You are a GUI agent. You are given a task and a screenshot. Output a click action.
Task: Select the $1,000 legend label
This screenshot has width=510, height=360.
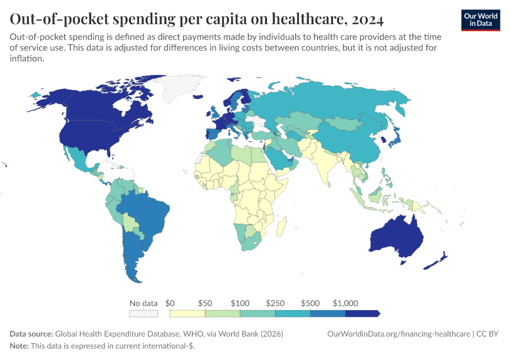345,303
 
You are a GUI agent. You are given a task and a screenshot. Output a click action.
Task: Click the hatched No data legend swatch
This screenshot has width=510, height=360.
143,313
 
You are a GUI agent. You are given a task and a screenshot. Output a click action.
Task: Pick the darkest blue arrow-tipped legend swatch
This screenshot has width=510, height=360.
362,313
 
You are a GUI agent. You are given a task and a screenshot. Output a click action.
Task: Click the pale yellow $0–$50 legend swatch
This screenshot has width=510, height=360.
187,313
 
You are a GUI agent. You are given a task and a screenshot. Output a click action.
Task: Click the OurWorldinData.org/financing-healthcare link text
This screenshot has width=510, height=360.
398,334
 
